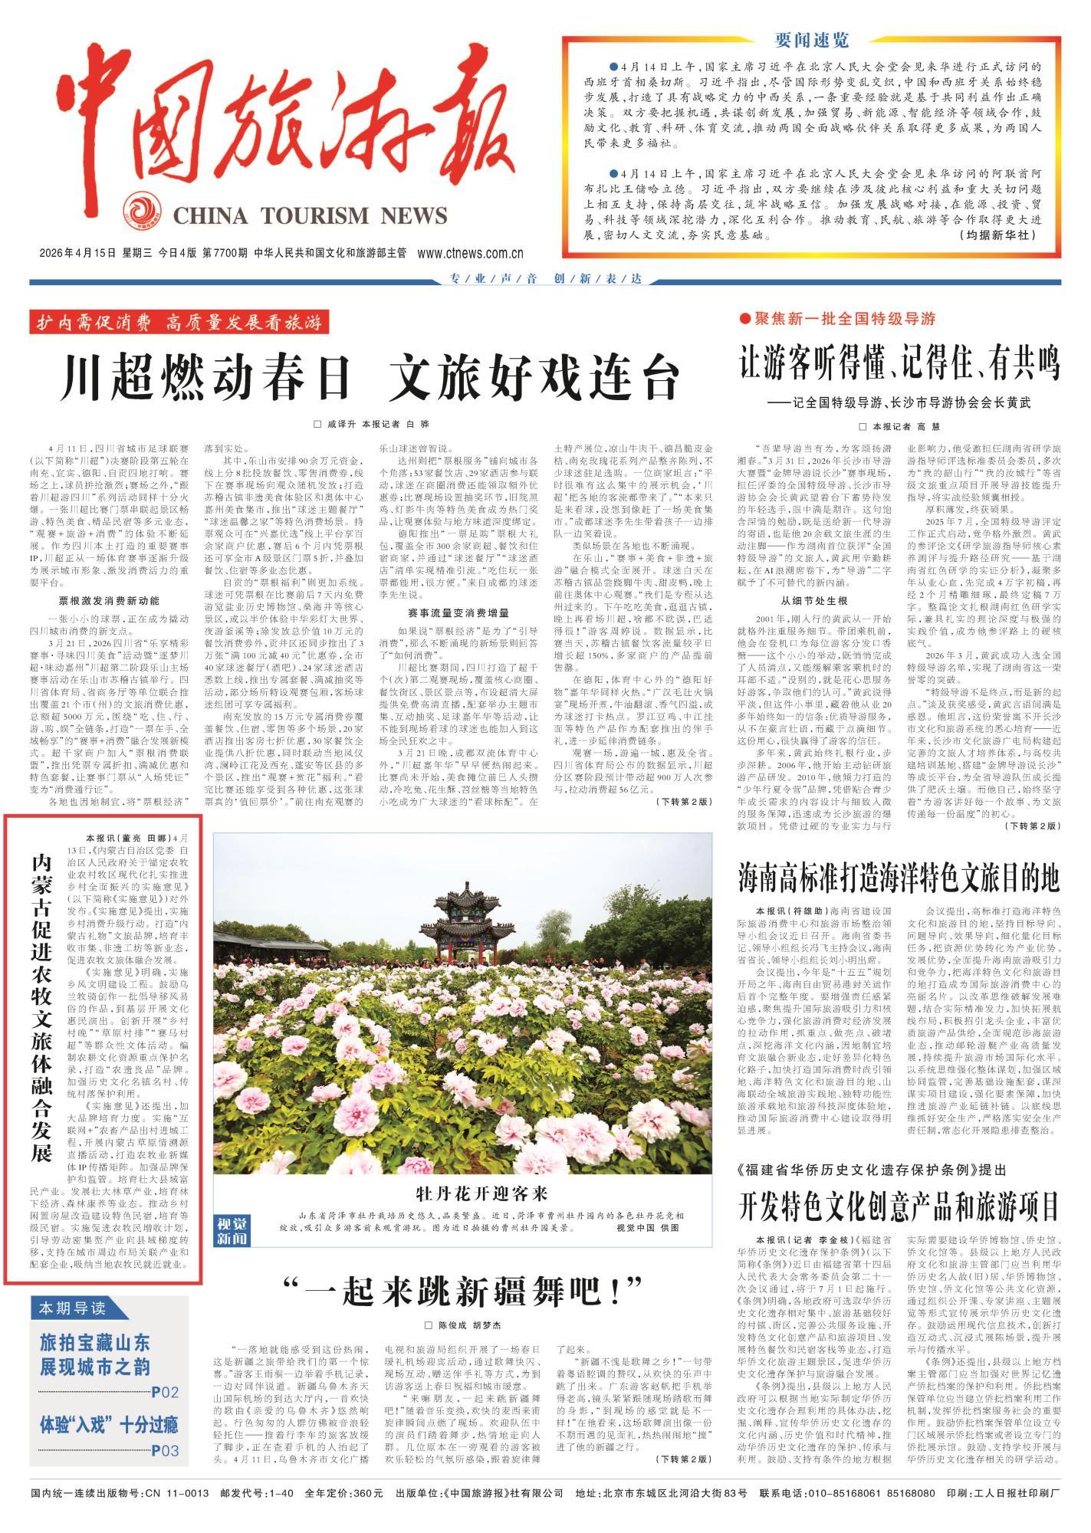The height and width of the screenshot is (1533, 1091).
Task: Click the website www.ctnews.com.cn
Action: (x=471, y=254)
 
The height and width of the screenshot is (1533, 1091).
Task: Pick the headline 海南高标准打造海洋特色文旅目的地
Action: (x=899, y=875)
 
